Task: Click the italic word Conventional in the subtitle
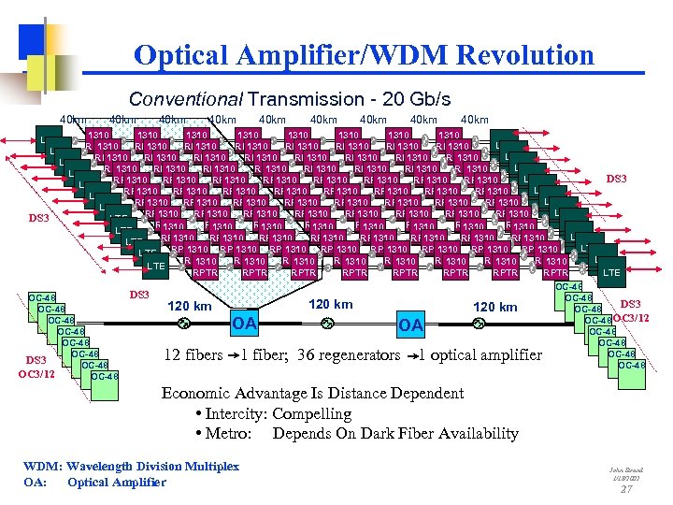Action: [x=181, y=99]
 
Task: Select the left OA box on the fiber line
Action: [x=245, y=325]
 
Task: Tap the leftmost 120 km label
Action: [x=189, y=306]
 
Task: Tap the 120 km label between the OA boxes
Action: [x=331, y=304]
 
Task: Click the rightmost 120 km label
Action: [x=494, y=307]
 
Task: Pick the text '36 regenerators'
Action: [x=350, y=355]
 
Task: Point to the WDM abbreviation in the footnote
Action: [x=42, y=466]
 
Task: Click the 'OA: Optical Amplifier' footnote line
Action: [x=94, y=482]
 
